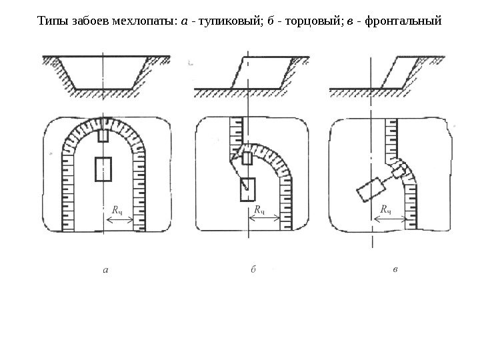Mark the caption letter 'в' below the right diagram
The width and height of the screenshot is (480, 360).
pyautogui.click(x=395, y=270)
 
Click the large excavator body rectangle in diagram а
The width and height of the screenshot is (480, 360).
pyautogui.click(x=103, y=169)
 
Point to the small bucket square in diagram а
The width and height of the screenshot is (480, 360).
pyautogui.click(x=103, y=136)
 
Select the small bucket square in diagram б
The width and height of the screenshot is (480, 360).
pyautogui.click(x=247, y=159)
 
